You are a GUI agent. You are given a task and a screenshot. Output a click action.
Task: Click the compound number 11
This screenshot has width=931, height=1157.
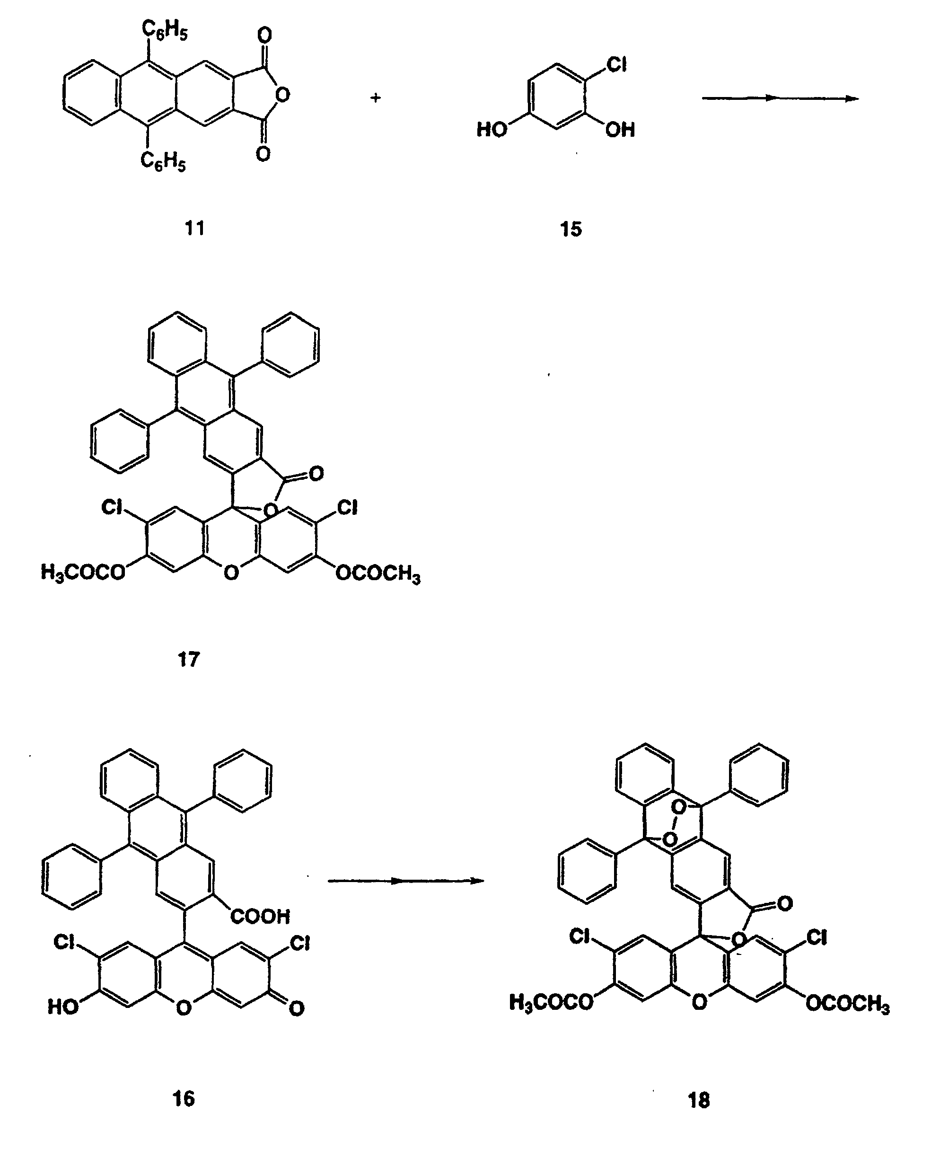point(195,228)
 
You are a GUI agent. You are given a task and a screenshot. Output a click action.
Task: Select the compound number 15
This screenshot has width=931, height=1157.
point(571,229)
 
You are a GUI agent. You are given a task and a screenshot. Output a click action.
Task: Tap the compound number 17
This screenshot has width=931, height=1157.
point(188,659)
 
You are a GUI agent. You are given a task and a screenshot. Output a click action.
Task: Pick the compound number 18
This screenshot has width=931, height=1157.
point(699,1101)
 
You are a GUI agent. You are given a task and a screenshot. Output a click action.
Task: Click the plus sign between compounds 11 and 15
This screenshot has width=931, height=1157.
point(376,97)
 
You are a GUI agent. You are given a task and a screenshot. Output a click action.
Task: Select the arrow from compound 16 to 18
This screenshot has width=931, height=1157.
point(406,881)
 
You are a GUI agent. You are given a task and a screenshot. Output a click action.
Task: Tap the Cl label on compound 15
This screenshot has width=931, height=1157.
point(616,65)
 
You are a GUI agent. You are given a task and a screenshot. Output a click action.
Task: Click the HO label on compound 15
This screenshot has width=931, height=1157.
point(492,130)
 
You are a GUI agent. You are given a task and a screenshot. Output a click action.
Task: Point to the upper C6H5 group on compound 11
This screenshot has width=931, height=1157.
point(165,31)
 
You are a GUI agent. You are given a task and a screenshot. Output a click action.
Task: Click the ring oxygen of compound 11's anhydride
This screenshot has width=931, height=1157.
point(282,95)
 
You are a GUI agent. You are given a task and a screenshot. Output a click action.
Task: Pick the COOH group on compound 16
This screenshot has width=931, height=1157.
point(260,917)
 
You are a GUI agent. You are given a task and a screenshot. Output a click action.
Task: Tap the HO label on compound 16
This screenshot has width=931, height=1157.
point(63,1007)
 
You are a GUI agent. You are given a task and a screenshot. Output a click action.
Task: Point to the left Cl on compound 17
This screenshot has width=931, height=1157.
point(112,507)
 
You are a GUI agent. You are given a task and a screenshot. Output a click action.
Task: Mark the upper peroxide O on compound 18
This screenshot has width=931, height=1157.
point(678,806)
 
